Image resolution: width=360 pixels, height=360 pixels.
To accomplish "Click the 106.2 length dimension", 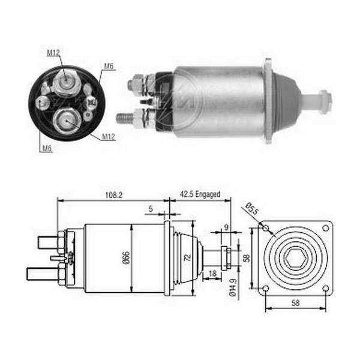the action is tap(114, 195).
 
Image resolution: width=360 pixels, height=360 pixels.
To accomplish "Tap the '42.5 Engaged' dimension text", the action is tap(200, 194).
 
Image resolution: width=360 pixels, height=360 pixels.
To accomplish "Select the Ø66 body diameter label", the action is tap(127, 257).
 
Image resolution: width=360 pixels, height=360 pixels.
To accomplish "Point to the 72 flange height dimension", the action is tap(188, 257).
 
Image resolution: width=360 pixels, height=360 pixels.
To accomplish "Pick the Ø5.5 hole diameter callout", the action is tap(251, 208).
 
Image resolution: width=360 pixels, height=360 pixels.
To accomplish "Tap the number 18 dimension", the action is tap(212, 273).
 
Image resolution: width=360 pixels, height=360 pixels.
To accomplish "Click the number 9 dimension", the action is tap(226, 227).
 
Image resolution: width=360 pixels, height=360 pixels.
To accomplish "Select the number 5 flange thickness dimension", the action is tap(151, 209).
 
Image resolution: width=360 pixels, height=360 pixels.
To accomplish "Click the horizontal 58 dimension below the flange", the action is tap(295, 303).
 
